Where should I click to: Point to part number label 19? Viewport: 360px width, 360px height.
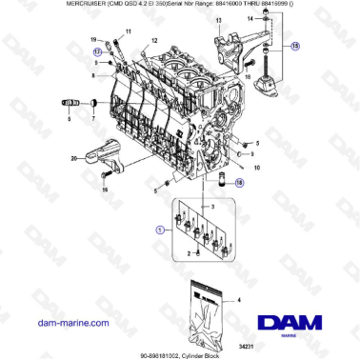[x=94, y=40]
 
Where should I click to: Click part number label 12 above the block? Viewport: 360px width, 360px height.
[x=153, y=43]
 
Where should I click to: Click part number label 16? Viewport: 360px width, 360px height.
[x=106, y=190]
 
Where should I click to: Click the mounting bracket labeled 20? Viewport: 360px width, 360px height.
[x=104, y=155]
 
